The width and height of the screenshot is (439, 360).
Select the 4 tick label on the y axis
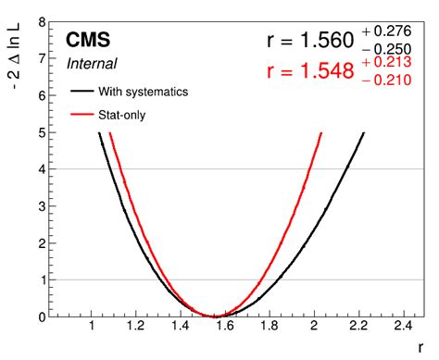(44, 169)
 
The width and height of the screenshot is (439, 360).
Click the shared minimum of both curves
(214, 316)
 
